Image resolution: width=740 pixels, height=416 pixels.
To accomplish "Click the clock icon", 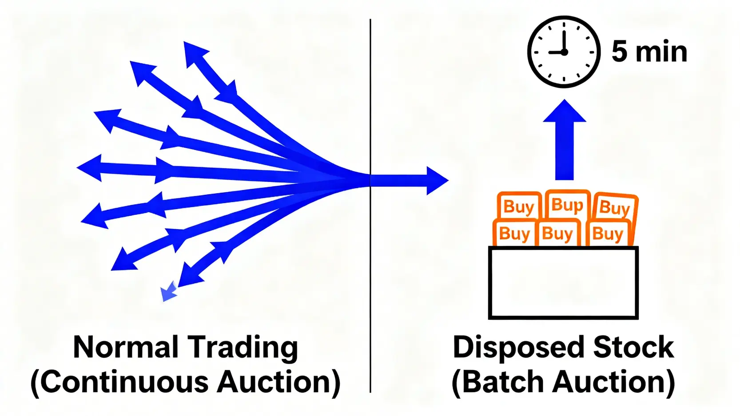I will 564,52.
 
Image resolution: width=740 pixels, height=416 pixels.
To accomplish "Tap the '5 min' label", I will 649,52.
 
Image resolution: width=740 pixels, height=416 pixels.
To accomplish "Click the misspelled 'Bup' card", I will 567,205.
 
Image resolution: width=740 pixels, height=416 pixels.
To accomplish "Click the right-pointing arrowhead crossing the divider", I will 436,181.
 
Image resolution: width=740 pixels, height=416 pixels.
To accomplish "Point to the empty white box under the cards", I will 563,283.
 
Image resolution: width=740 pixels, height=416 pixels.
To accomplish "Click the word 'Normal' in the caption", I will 126,347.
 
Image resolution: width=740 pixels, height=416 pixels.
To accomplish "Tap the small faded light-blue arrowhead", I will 168,293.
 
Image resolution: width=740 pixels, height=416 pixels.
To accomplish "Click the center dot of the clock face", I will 564,52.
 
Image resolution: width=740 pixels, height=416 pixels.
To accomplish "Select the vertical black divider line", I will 370,266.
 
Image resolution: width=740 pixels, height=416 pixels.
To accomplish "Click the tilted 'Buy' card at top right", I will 615,207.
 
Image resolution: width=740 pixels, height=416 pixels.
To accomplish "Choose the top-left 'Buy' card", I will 518,206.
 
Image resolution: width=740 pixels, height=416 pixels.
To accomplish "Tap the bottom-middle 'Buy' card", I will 558,234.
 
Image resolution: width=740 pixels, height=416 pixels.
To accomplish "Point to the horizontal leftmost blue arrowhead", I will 90,168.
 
